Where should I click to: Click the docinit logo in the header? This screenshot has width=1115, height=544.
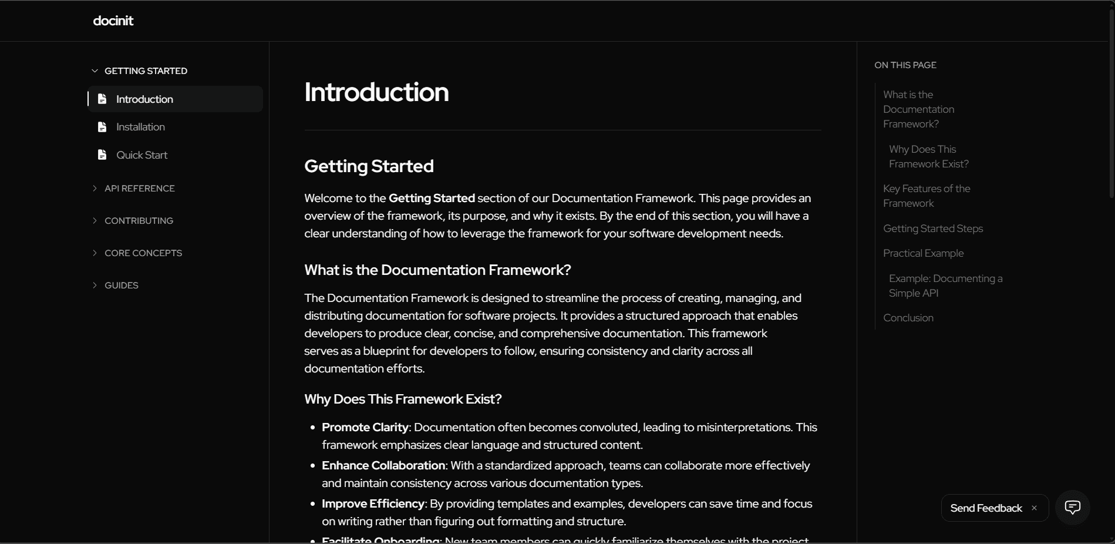(x=113, y=21)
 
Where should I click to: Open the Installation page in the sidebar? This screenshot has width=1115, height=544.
(x=140, y=127)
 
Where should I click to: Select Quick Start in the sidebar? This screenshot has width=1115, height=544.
(x=142, y=155)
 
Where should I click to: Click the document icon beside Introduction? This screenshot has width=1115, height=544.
(x=102, y=99)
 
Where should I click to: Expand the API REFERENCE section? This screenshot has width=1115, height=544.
(x=139, y=189)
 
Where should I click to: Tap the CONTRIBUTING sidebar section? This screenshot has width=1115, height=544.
(x=139, y=221)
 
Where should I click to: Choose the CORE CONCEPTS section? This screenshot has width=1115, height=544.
(x=143, y=253)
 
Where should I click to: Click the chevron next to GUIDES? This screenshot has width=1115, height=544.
(x=95, y=286)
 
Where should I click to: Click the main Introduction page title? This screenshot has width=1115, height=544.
(x=376, y=92)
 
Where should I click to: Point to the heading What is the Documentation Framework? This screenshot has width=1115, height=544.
(x=437, y=270)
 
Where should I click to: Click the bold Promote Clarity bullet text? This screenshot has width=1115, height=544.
(x=365, y=428)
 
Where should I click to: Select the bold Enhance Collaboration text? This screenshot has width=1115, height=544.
(x=383, y=466)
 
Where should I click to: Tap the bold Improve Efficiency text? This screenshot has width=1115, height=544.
(x=373, y=504)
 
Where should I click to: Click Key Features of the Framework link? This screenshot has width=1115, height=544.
(x=927, y=196)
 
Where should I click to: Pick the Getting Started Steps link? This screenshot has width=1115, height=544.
(x=933, y=229)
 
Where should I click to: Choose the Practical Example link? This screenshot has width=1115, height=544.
(x=923, y=253)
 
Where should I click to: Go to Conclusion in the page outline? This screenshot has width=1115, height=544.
(x=908, y=318)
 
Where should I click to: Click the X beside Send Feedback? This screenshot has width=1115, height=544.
(x=1034, y=508)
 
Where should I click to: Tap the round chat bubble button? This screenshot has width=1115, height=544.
(x=1072, y=508)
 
